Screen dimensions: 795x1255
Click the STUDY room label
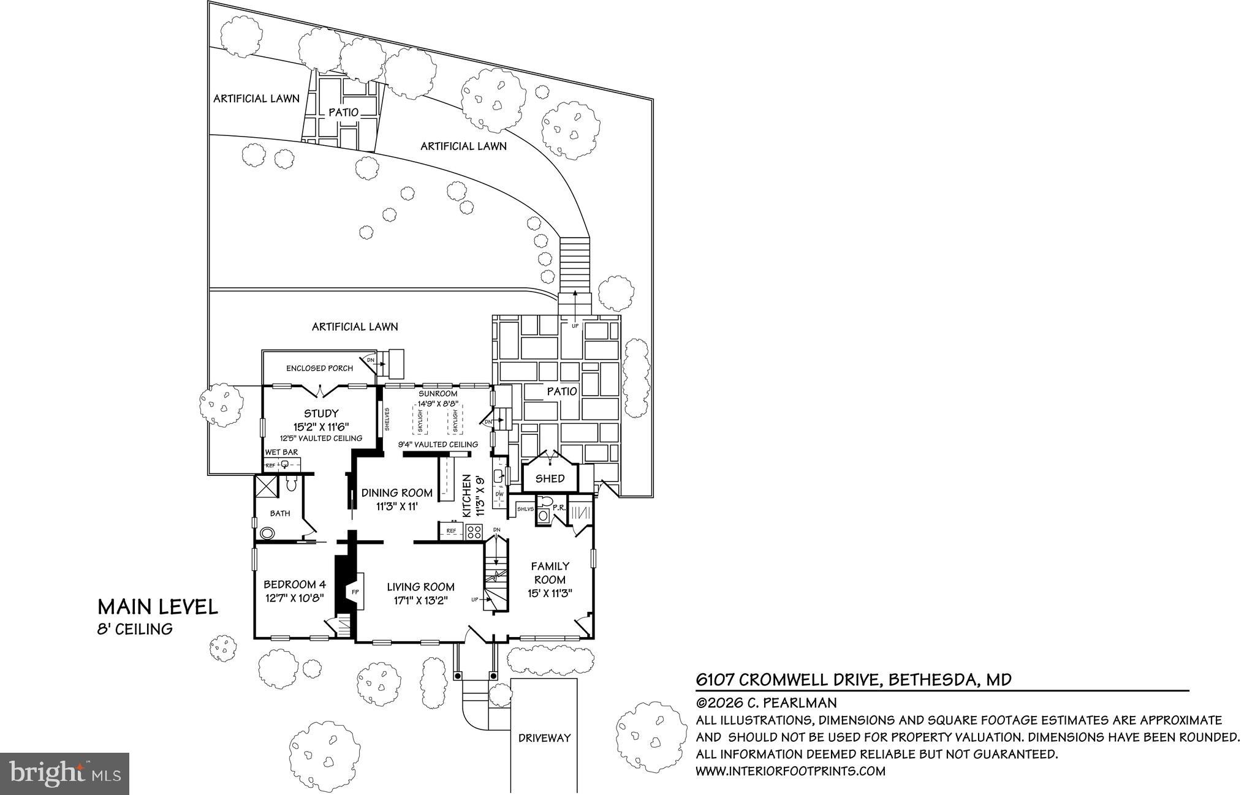click(x=320, y=413)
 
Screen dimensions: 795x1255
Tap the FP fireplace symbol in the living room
click(x=355, y=592)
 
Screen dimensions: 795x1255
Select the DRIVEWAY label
click(x=544, y=738)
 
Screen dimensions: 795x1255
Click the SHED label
click(x=550, y=479)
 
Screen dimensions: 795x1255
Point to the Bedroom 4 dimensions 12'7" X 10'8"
click(x=294, y=598)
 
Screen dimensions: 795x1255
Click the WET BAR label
click(x=281, y=452)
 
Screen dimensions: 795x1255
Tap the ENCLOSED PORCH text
click(x=319, y=368)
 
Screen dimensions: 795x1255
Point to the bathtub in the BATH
click(x=267, y=533)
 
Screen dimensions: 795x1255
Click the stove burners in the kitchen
click(x=474, y=532)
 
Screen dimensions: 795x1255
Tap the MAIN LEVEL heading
click(x=157, y=607)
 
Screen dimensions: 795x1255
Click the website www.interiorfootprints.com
click(x=791, y=771)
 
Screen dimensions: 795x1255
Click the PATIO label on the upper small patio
click(x=343, y=113)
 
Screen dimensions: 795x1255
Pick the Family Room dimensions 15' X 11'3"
click(x=550, y=593)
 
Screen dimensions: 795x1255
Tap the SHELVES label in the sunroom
click(x=387, y=420)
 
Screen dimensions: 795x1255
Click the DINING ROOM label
click(x=396, y=493)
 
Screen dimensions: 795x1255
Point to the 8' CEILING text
click(x=135, y=629)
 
